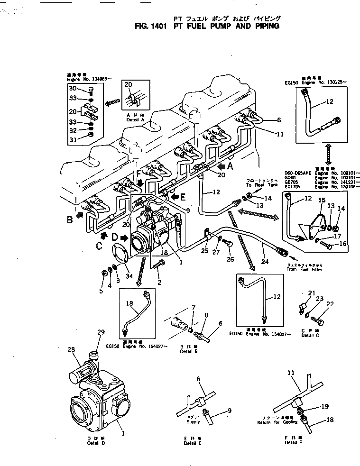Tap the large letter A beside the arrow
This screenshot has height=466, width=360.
pos(230,166)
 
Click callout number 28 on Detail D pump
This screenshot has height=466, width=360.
pos(72,350)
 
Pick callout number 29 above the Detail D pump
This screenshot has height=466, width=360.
pos(101,332)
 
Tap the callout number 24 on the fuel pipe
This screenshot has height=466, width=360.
pos(265,261)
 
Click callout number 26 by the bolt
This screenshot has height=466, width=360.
pos(231,259)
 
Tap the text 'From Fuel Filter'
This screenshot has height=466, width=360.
pos(305,270)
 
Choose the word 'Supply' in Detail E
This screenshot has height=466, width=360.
pos(193,422)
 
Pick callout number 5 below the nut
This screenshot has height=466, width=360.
pos(101,291)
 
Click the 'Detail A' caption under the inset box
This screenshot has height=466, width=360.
pos(133,120)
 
